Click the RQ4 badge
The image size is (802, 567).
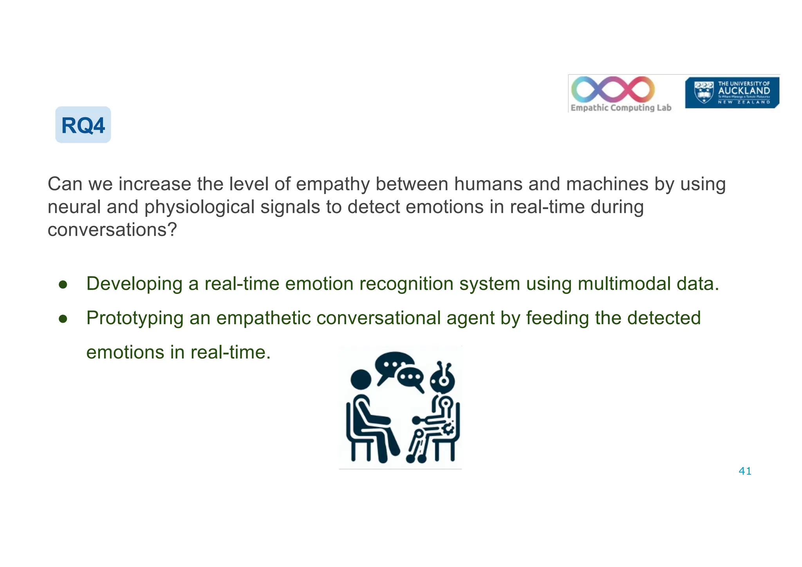[x=83, y=125]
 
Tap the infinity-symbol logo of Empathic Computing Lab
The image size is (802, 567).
[x=613, y=89]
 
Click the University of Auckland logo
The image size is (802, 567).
[x=732, y=92]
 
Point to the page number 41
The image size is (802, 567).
[x=745, y=471]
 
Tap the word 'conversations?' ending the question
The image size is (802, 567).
[x=112, y=229]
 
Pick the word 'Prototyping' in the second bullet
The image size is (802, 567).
[x=135, y=318]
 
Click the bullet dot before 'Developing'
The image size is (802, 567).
[x=63, y=285]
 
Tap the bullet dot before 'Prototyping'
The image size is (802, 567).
[x=63, y=319]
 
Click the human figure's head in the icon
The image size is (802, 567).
[x=361, y=379]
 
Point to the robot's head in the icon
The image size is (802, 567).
[x=443, y=379]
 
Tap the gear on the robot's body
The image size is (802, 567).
[x=448, y=428]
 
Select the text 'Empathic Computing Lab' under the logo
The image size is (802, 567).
[x=621, y=108]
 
